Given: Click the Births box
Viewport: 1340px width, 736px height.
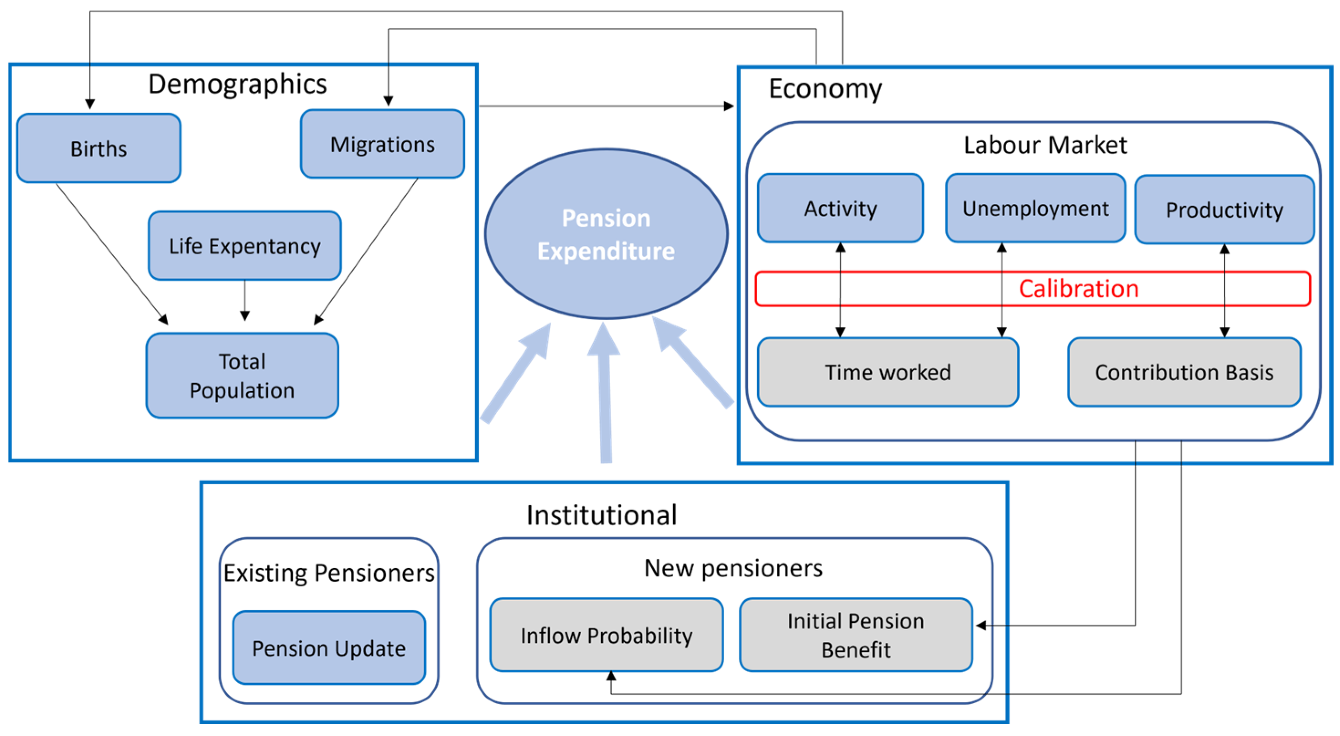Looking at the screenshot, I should (99, 148).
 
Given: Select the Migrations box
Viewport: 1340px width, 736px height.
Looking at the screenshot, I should (382, 144).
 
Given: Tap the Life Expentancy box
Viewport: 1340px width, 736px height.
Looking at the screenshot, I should (244, 245).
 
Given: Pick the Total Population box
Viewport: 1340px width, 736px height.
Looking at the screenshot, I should (242, 376).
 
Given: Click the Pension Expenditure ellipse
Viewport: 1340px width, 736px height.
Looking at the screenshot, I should (606, 234).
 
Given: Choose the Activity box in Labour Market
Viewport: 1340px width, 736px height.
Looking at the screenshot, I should (840, 208).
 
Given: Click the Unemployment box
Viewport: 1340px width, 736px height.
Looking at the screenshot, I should (1035, 208).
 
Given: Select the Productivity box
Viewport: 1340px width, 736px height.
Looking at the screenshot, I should (1224, 210).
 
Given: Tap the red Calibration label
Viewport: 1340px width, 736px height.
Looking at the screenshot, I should (1078, 289).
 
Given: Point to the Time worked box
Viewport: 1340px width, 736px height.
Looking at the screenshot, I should (888, 372).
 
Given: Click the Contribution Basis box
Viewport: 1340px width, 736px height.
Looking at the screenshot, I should (1184, 372).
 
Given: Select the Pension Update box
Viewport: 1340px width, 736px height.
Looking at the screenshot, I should (329, 648).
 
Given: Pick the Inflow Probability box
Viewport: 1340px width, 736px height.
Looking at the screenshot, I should (606, 635).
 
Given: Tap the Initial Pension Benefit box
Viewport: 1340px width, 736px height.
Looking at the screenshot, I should (856, 635).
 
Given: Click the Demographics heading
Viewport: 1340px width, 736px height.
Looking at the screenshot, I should (237, 84).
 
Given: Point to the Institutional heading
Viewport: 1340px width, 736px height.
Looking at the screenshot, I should (601, 515).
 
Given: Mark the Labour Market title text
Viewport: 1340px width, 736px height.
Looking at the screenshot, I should (1045, 145).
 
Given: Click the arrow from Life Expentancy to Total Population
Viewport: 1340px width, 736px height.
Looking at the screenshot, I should (244, 300).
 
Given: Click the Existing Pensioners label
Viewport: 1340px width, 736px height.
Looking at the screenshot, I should (329, 573).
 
